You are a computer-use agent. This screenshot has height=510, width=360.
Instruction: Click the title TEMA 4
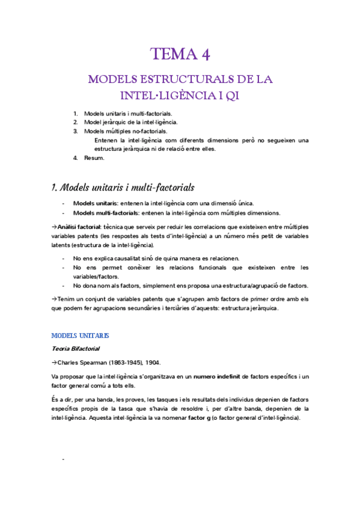click(180, 55)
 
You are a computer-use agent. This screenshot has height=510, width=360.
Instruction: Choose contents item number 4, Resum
click(94, 158)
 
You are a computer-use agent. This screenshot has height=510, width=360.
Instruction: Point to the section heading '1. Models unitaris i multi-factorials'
click(124, 187)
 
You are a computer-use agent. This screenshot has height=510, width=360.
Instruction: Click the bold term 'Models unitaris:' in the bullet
click(95, 203)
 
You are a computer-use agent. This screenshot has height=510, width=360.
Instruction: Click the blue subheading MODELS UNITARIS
click(81, 335)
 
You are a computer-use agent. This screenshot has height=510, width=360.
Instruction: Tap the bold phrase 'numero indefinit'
click(217, 376)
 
